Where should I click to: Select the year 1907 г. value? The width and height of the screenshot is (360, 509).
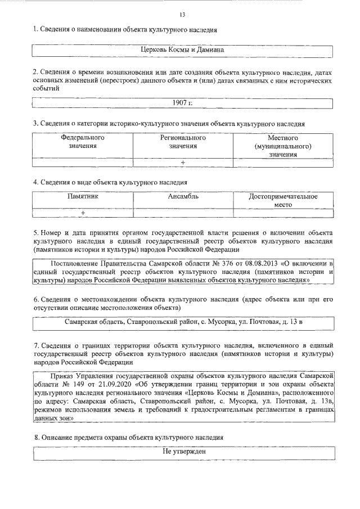[x=183, y=102]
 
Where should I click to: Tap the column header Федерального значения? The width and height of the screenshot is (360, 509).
[x=83, y=142]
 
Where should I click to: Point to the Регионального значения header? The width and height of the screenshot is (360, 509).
[x=183, y=142]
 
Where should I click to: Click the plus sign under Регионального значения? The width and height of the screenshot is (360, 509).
[x=183, y=163]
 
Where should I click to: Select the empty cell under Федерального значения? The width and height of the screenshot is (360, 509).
[x=83, y=163]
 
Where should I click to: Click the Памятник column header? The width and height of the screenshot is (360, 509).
[x=83, y=197]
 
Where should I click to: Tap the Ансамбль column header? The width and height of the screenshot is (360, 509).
[x=183, y=197]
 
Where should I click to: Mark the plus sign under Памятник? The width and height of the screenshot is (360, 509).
[x=83, y=213]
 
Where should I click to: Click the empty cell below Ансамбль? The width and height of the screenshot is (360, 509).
[x=183, y=213]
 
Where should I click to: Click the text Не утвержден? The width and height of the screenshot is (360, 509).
[x=183, y=452]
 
